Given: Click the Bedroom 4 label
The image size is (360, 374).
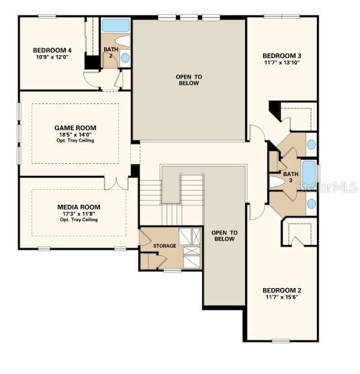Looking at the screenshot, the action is coord(52,50).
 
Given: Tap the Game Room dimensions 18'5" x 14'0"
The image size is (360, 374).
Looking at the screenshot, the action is coord(75,134).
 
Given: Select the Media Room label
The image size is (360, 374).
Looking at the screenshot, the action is coord(79,207).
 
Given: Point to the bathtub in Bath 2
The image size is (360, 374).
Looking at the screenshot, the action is coord(116,26).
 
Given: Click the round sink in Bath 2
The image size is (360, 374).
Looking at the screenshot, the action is coord(125,58).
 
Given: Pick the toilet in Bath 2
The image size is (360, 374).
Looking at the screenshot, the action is coord(123,41).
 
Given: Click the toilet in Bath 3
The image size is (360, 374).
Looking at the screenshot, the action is coord(277,182).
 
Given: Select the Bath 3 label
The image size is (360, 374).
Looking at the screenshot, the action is coord(291,177).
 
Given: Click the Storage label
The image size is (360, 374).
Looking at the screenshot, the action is coord(165,246).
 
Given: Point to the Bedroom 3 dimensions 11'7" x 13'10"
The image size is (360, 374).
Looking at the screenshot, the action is coord(281,62).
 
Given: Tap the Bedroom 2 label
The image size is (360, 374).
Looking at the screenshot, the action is coord(281,290).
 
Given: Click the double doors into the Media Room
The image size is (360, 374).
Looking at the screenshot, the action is coord(116,184).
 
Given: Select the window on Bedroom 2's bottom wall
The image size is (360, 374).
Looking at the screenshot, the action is coord(281,341).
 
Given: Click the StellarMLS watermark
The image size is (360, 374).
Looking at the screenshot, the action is coord(328,187).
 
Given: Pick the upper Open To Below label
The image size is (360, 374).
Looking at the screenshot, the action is coord(189,80).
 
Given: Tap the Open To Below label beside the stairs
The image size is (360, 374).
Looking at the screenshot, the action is coord(224,236).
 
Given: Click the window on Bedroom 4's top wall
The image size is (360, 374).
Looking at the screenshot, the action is coord(47,16).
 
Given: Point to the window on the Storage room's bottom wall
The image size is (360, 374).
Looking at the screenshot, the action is coord(173,271).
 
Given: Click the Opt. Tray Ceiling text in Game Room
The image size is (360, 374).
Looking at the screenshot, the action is coord(75,140).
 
